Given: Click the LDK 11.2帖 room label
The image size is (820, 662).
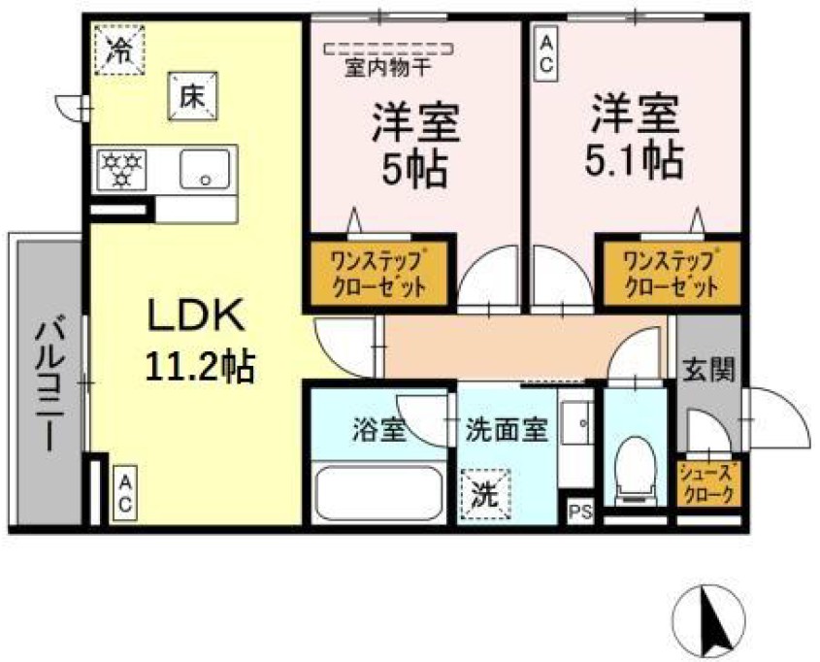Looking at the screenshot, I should click(199, 339).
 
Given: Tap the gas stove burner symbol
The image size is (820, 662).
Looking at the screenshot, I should click(121, 170).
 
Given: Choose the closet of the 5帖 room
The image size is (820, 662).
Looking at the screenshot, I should click(379, 273).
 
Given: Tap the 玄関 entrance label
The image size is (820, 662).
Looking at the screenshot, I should click(706, 369).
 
